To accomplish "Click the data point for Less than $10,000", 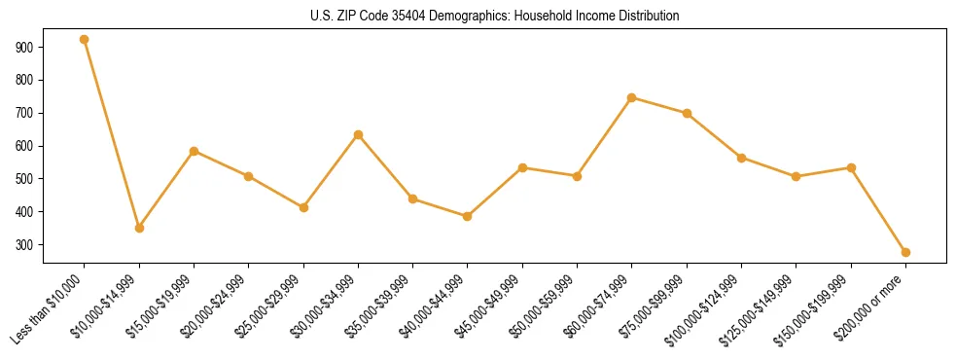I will tap(85, 40).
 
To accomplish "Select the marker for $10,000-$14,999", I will tap(139, 228).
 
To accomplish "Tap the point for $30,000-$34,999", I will tap(359, 134).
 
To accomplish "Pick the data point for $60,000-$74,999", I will tap(632, 97).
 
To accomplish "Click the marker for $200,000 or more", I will tap(905, 252).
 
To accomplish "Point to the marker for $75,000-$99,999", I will tap(687, 113).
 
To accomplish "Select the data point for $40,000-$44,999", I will tap(468, 216).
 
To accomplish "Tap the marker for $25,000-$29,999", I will tap(303, 207).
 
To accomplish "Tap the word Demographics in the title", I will tap(464, 17).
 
